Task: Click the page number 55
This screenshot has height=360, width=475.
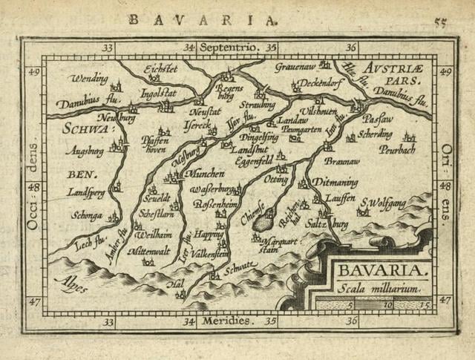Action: coord(440,22)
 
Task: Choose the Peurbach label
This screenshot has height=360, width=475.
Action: coord(397,149)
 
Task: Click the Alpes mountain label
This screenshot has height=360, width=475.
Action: coord(74,284)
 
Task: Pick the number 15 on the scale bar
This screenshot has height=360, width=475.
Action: coord(425,304)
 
